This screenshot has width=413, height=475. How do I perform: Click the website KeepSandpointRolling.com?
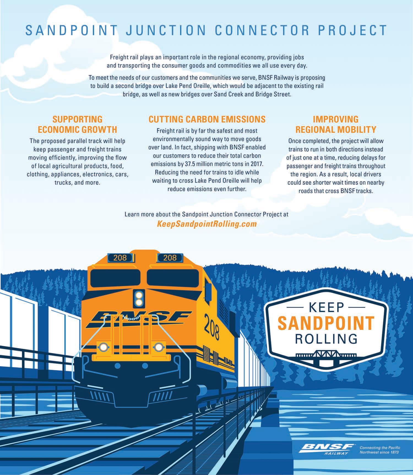click(x=206, y=224)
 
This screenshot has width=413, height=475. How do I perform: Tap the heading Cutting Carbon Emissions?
click(x=207, y=119)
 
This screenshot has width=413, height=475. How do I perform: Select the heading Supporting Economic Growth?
click(x=77, y=124)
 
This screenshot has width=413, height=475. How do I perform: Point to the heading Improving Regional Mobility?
click(x=336, y=124)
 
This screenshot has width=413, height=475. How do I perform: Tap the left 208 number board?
click(x=120, y=258)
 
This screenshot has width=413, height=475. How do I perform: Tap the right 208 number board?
click(x=170, y=258)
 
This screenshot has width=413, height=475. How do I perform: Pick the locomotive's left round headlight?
click(x=103, y=347)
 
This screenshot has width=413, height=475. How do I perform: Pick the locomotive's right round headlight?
click(x=158, y=347)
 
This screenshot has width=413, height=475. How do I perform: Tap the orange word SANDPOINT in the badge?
click(x=326, y=323)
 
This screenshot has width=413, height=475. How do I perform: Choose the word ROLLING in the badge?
click(x=326, y=339)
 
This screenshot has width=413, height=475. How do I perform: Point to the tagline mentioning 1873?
click(x=380, y=450)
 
